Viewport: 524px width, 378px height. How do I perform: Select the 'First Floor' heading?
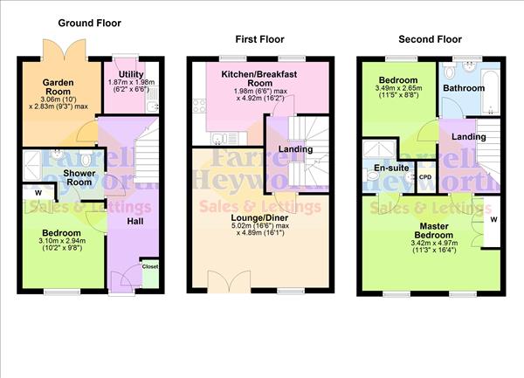tap(259, 39)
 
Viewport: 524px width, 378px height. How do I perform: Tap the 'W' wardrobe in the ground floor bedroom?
tap(38, 193)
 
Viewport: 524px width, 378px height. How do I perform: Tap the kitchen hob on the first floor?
tap(216, 139)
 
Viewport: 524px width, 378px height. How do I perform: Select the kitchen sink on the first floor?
tap(241, 140)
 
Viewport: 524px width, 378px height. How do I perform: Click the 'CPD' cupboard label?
tap(426, 177)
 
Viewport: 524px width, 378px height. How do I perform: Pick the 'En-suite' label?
tap(386, 166)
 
